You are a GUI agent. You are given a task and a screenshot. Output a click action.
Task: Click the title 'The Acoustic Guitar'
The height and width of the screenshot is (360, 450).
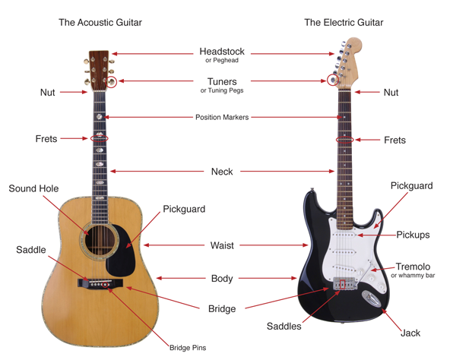tap(100, 22)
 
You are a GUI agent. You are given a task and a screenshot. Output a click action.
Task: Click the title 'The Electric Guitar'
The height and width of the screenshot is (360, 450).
tap(344, 22)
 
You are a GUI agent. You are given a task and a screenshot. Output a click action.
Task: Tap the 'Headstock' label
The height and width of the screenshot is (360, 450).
tap(222, 52)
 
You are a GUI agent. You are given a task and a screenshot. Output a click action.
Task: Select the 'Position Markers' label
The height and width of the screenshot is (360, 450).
tap(222, 117)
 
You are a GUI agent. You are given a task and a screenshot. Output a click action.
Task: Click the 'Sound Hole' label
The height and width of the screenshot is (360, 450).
tap(33, 188)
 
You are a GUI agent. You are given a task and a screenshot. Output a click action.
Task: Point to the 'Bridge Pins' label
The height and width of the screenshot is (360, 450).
tap(188, 348)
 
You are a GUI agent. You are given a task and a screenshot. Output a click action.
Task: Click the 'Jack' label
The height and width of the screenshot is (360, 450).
tap(410, 333)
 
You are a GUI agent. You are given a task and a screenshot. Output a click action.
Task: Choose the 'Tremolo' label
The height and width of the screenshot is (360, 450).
tap(413, 267)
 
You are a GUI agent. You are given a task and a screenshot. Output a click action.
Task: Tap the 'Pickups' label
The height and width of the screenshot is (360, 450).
tap(413, 235)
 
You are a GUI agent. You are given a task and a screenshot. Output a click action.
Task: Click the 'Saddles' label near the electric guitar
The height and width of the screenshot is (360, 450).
tap(284, 326)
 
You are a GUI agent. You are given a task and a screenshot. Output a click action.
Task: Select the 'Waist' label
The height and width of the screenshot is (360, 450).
tap(222, 245)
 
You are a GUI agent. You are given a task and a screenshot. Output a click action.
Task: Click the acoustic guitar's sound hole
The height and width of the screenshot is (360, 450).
tap(100, 240)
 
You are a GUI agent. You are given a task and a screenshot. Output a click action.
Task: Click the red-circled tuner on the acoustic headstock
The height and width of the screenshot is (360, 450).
tap(111, 82)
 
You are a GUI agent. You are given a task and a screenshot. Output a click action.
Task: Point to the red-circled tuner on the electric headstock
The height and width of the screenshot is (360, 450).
tap(333, 80)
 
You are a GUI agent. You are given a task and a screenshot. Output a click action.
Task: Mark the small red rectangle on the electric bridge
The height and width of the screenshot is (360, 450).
tap(342, 284)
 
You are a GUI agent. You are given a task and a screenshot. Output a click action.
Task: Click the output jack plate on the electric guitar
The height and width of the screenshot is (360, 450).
tap(372, 299)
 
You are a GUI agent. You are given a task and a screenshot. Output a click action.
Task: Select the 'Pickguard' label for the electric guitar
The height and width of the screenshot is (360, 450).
tap(411, 186)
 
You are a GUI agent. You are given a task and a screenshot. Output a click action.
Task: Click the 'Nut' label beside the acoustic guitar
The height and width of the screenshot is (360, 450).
tap(47, 93)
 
